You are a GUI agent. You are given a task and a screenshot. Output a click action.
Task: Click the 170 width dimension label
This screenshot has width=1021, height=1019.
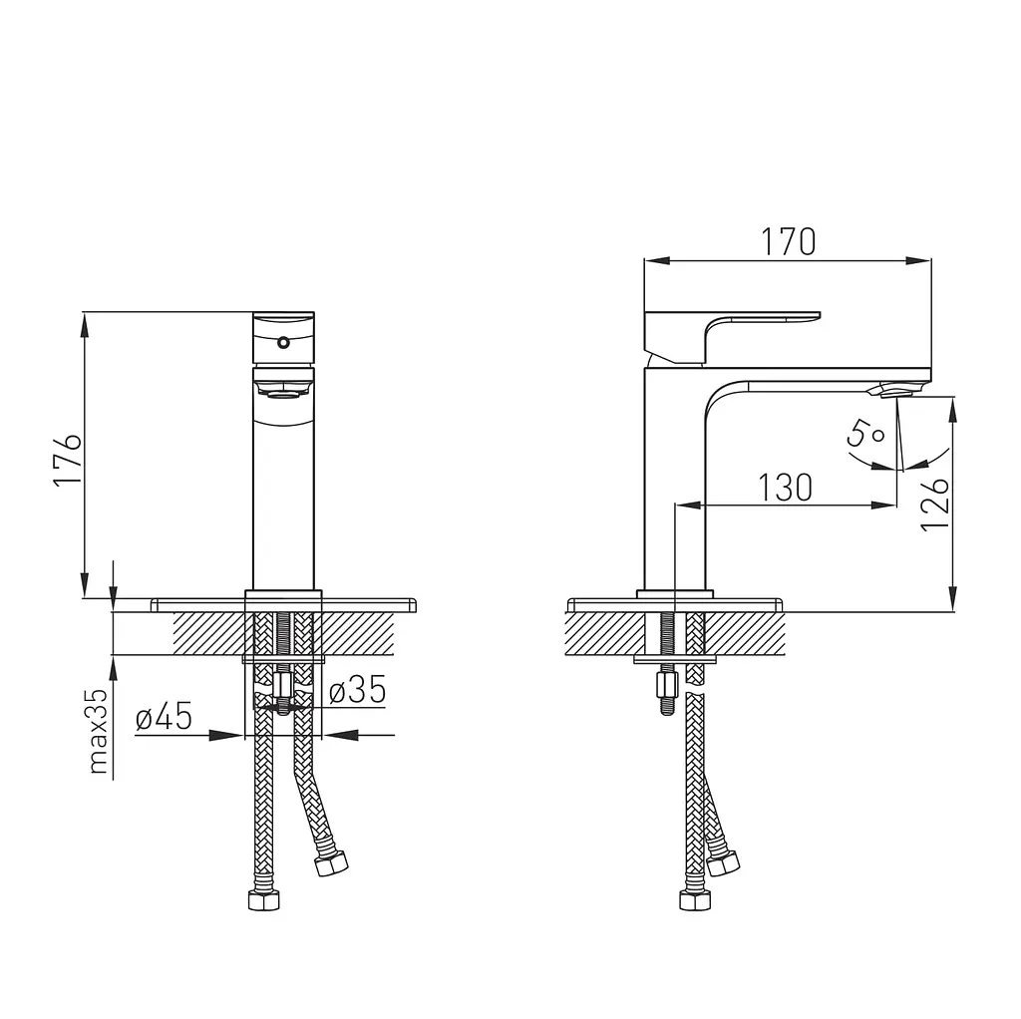point(788,242)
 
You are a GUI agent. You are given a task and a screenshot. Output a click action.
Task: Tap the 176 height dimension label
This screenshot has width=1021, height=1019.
point(68,458)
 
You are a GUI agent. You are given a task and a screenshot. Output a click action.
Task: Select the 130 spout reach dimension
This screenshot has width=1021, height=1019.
point(786,488)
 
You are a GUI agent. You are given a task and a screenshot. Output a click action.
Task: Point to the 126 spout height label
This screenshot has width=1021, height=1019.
point(935,504)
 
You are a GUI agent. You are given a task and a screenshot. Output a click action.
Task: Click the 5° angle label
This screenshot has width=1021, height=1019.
point(865,433)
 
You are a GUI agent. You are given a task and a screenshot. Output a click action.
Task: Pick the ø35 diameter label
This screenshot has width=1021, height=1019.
point(358,690)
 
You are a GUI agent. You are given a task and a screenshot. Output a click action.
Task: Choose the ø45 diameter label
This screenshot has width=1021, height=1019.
point(165,717)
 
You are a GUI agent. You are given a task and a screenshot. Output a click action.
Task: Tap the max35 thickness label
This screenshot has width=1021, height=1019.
point(99,731)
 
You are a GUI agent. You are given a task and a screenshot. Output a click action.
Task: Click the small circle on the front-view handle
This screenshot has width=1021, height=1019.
point(283,342)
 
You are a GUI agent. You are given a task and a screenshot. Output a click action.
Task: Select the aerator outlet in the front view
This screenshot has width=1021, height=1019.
point(283,390)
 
